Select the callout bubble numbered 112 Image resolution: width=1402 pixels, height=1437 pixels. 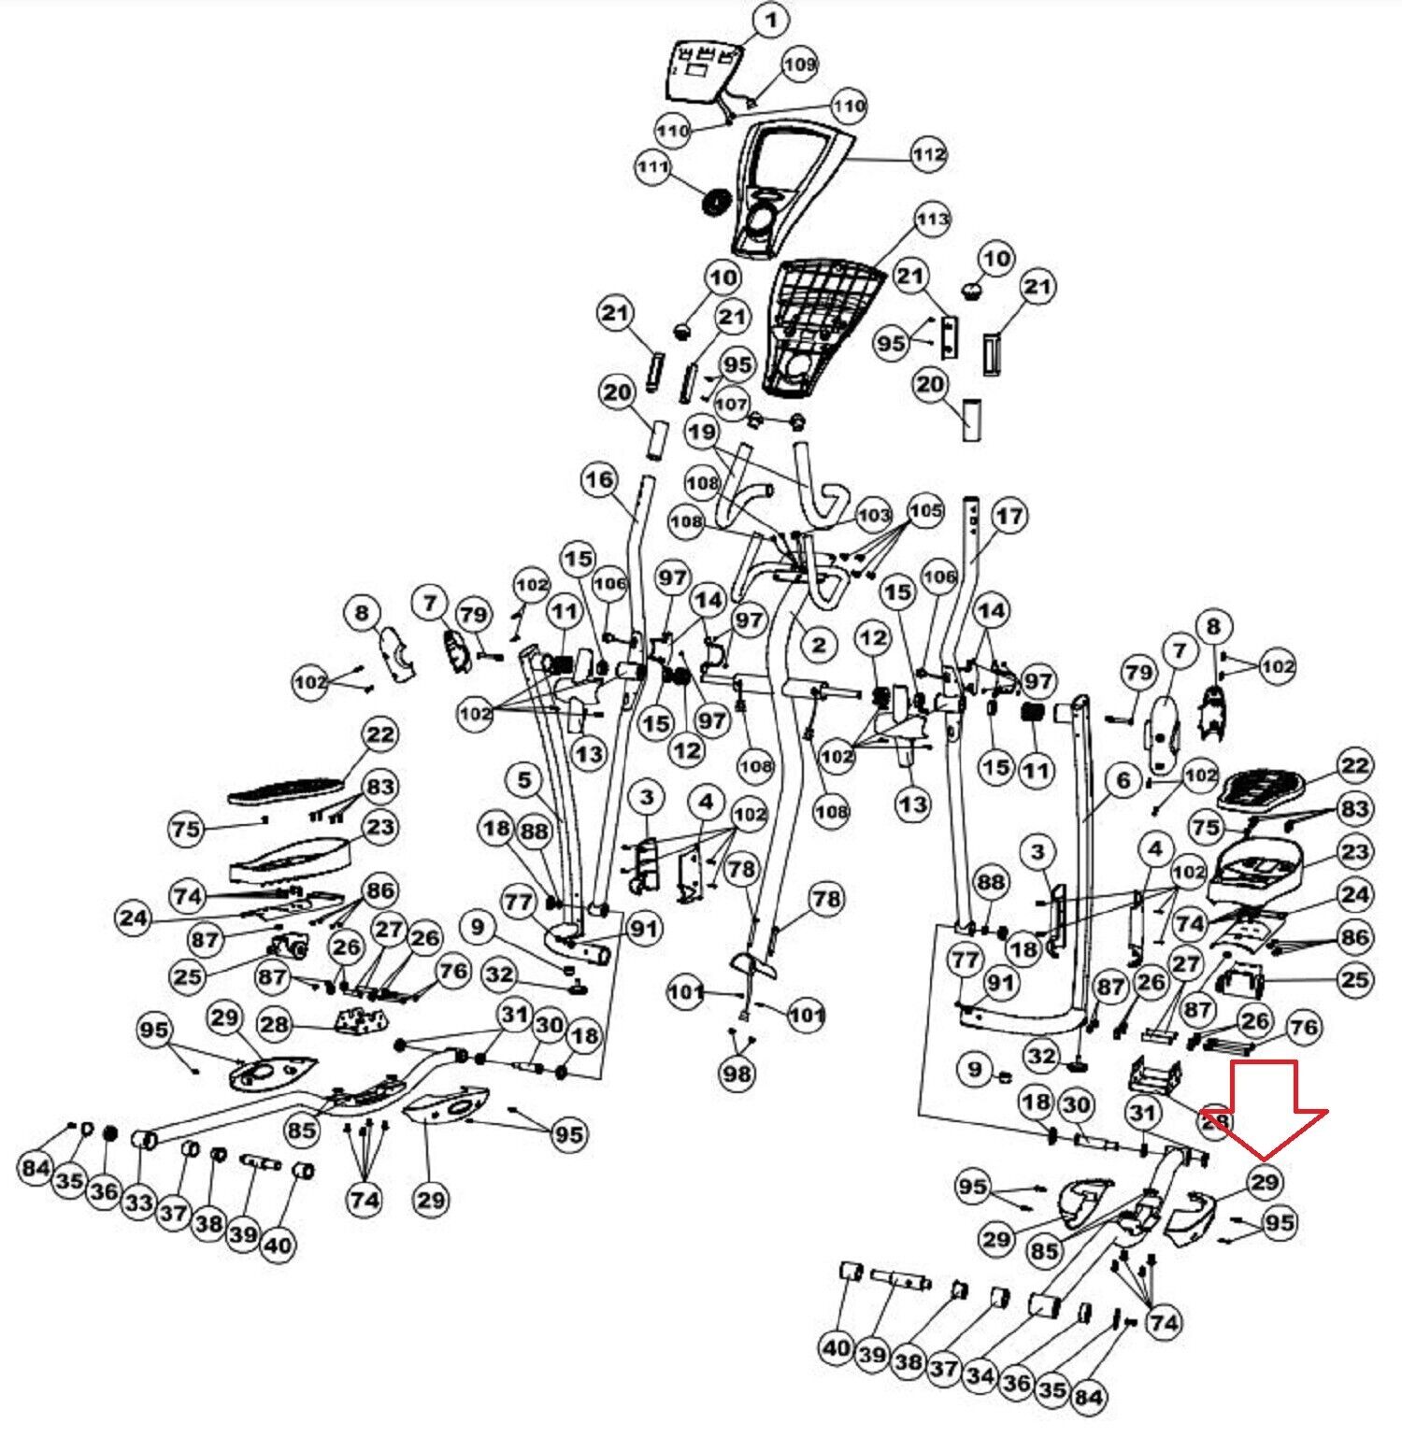(x=928, y=154)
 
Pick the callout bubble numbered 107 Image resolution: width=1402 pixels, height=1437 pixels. (x=731, y=405)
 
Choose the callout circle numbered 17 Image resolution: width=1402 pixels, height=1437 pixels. (x=1009, y=516)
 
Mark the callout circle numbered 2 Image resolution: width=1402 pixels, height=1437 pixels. (x=819, y=644)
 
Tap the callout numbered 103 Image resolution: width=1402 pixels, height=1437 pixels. (x=874, y=515)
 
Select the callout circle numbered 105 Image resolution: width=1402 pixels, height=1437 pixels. (x=926, y=511)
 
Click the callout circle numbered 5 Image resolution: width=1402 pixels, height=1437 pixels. (x=523, y=779)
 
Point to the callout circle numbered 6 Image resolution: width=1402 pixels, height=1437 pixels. (x=1123, y=779)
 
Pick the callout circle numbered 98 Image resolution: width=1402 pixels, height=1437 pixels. (x=737, y=1074)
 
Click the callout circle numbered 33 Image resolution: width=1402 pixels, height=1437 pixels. (x=138, y=1202)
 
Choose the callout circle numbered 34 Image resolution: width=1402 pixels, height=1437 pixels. (x=980, y=1375)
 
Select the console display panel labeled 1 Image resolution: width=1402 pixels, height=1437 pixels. (x=702, y=71)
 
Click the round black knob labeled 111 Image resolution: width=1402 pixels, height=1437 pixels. (x=717, y=202)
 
